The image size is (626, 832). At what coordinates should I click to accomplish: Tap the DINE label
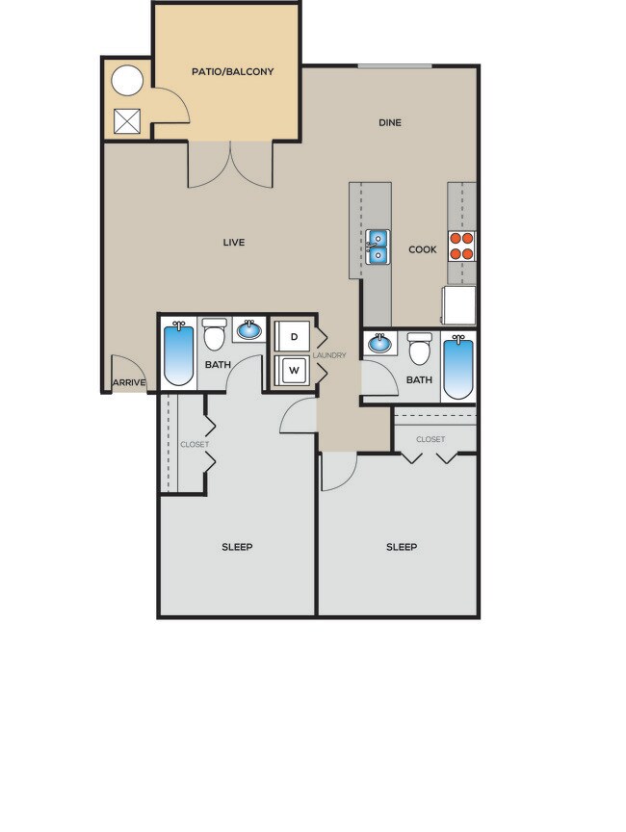(x=389, y=122)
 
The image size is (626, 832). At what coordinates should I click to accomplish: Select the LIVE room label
(x=233, y=243)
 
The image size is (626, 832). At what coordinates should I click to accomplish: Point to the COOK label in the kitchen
(x=422, y=249)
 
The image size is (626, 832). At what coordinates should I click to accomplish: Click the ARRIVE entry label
(x=129, y=383)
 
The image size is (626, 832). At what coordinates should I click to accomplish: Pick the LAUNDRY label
(x=328, y=355)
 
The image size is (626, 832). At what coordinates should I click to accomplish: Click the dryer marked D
(x=293, y=338)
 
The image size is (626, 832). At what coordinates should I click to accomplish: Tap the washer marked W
(x=293, y=370)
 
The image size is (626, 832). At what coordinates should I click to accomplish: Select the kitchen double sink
(x=377, y=247)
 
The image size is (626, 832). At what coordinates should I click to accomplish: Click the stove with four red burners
(x=461, y=247)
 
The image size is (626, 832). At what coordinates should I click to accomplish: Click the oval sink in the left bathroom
(x=249, y=330)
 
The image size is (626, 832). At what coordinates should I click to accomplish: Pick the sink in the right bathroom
(x=380, y=342)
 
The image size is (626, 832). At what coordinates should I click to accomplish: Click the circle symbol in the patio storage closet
(x=126, y=81)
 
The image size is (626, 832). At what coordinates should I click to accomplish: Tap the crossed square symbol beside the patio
(x=126, y=120)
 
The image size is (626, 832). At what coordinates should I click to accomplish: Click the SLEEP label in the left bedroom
(x=237, y=547)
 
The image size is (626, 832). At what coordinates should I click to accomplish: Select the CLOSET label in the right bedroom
(x=430, y=439)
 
